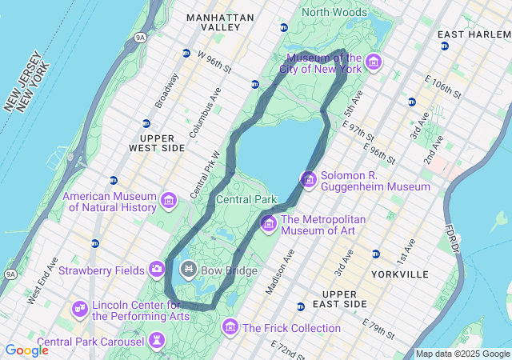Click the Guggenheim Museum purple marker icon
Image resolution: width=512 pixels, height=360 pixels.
(x=309, y=179)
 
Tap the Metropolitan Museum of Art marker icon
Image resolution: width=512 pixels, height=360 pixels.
(x=268, y=222)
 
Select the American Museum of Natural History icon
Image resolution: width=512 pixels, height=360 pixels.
(x=169, y=200)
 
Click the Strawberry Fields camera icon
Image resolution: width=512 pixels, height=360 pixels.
(x=157, y=269)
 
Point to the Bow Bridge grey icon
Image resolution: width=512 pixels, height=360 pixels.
(x=190, y=269)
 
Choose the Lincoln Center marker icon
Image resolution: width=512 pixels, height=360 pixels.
(x=80, y=308)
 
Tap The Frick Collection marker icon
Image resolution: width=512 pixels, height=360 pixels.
(x=230, y=326)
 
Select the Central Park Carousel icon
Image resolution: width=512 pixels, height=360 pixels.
(x=157, y=342)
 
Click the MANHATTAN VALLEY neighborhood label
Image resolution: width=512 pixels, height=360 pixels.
(x=220, y=22)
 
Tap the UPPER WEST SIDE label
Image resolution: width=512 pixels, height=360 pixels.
(x=157, y=142)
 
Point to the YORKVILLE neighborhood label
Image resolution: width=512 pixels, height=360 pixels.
(x=400, y=274)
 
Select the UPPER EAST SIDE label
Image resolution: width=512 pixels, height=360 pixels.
(x=339, y=299)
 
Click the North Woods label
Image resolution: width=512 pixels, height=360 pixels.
(x=336, y=12)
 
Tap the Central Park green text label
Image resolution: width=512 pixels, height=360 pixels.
(x=246, y=199)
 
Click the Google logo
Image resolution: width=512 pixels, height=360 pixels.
(x=26, y=350)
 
